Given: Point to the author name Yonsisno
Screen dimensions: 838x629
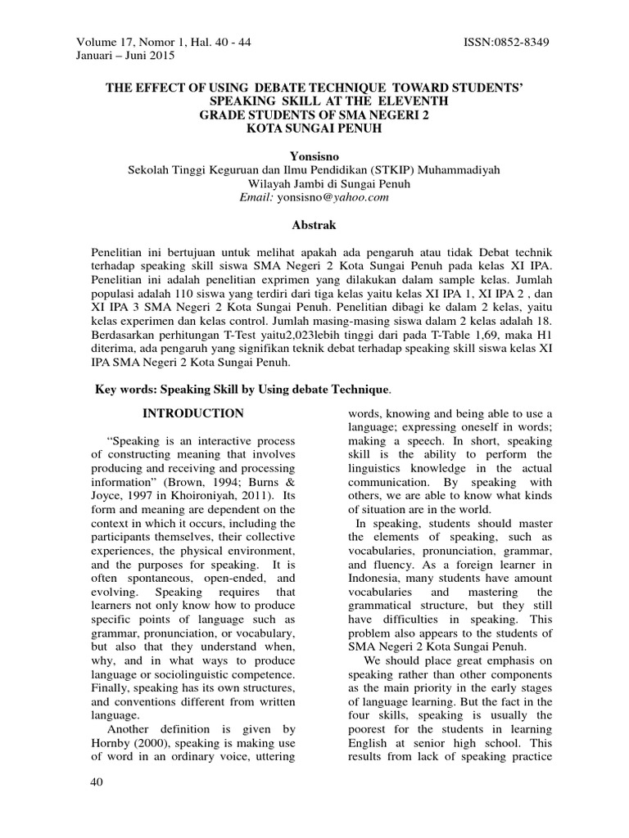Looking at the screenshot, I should click(314, 155).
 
